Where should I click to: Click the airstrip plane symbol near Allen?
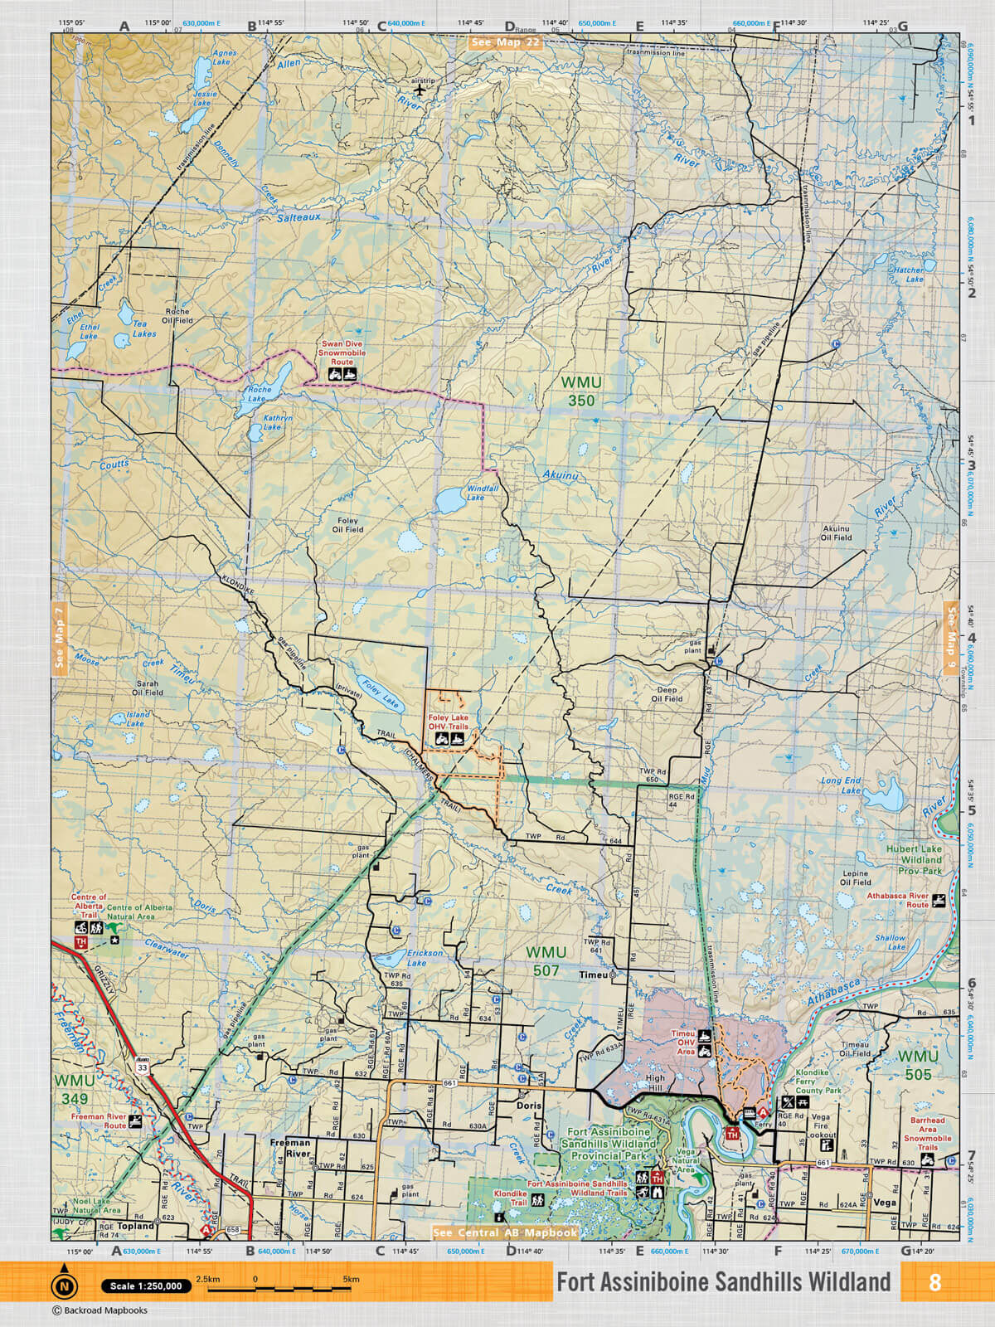(420, 90)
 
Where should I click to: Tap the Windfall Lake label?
(482, 493)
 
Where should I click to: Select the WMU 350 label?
(581, 391)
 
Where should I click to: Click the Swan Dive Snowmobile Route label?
(342, 352)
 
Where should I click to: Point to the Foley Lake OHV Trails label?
(448, 722)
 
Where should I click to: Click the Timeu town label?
(593, 975)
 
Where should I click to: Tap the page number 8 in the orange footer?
(934, 1282)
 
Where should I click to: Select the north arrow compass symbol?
(64, 1285)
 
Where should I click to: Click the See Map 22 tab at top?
(505, 42)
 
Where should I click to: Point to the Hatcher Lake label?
(910, 275)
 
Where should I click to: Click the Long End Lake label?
(842, 785)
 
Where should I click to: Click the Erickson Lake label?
(424, 958)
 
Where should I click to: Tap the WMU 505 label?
(918, 1065)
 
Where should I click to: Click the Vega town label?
(884, 1202)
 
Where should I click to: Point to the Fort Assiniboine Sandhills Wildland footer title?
(723, 1282)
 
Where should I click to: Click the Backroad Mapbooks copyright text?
(99, 1310)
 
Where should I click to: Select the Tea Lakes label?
(144, 329)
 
